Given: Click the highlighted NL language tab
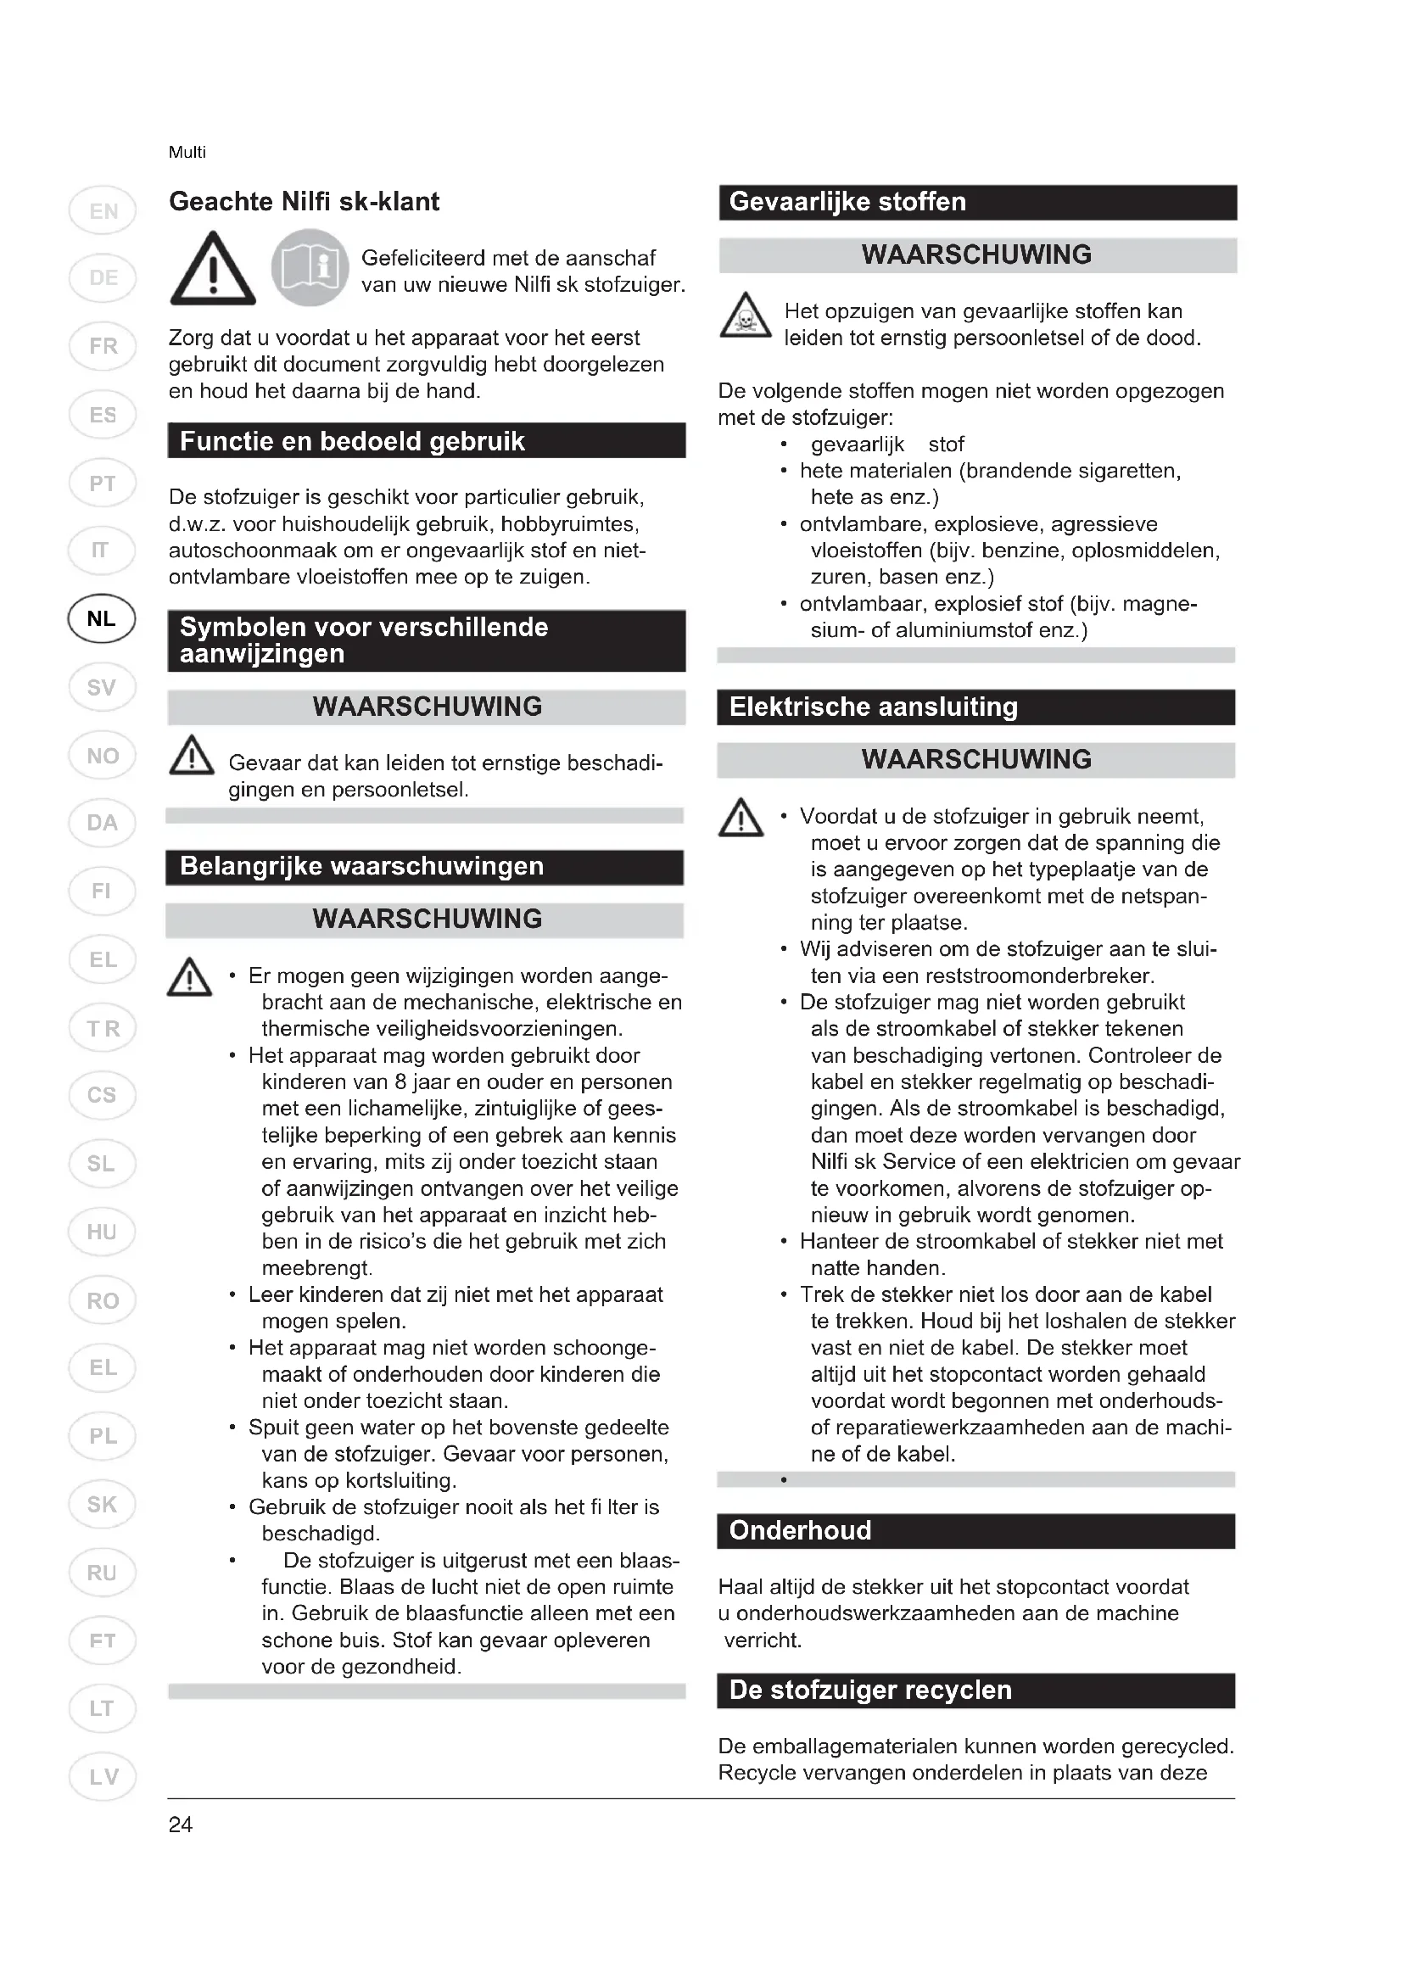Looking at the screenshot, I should [102, 618].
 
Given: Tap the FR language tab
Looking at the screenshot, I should [102, 347].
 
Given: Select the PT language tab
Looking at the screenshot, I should [102, 483].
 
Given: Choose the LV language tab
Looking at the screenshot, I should [102, 1777].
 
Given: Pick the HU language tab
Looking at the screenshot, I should [102, 1232].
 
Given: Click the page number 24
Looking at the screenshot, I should [181, 1825].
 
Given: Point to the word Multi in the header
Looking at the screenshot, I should [187, 153].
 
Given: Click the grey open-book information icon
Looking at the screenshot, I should [310, 268].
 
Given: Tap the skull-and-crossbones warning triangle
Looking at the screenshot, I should [745, 316].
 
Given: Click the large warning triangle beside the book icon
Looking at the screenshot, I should [213, 270].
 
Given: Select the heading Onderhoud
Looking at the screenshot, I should [800, 1530].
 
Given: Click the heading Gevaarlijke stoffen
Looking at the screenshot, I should [847, 202].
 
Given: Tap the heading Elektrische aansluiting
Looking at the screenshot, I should [874, 707].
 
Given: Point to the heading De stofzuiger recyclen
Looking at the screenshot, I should [870, 1690].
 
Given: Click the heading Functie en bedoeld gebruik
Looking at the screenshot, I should [352, 442].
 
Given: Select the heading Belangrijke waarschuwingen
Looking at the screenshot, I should [361, 866].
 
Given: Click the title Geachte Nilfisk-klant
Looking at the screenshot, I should [305, 202].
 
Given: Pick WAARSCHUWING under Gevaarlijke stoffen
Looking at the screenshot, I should [976, 255].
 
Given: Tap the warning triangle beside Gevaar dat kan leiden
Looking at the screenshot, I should [192, 756].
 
